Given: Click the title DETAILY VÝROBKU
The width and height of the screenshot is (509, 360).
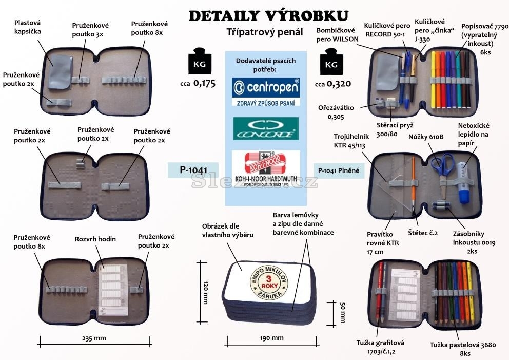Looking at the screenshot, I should coord(268,15).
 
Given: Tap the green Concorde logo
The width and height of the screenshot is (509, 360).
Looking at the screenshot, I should coord(265,128).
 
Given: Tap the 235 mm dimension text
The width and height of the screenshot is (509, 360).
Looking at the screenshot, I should coord(93,338).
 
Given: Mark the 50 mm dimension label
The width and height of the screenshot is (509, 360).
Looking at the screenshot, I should coord(343,312).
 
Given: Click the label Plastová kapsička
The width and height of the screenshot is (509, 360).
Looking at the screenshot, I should coord(27,27).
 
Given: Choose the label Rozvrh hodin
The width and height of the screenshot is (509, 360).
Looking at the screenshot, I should coord(95,239).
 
